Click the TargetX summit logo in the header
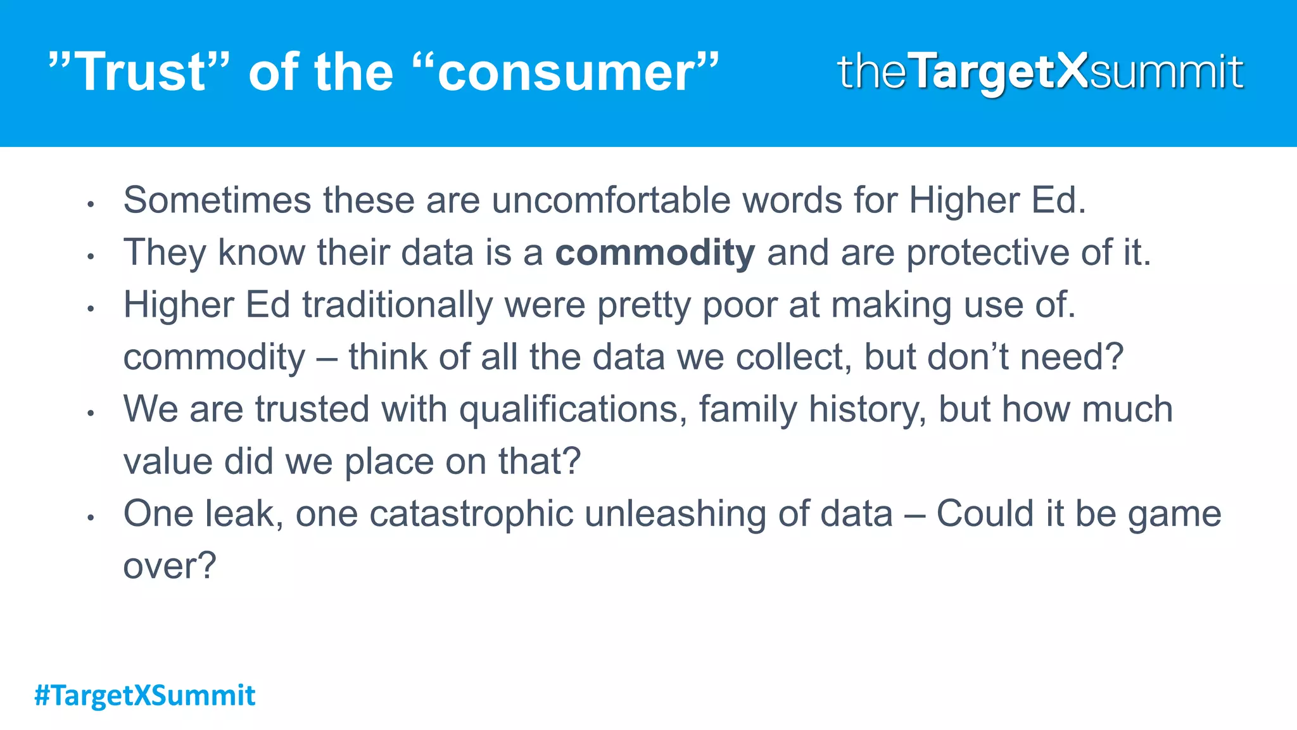tap(1040, 72)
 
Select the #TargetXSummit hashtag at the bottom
tap(145, 695)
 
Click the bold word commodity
tap(655, 253)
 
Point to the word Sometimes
tap(217, 200)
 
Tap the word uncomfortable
tap(611, 200)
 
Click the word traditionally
tap(397, 305)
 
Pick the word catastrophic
tap(471, 513)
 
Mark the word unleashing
tap(675, 513)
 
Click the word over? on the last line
tap(170, 566)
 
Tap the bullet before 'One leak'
tap(91, 518)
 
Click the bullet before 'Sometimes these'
tap(91, 205)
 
